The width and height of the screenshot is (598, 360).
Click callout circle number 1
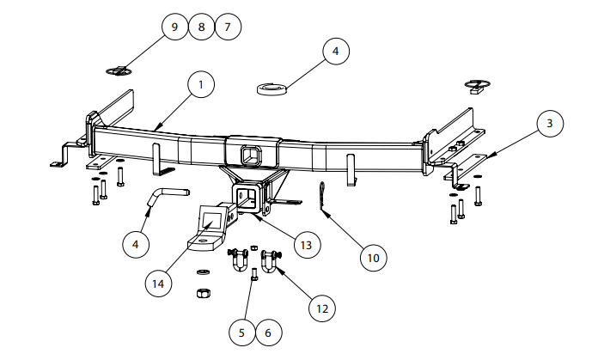(x=200, y=85)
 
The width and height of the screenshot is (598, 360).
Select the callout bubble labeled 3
(x=550, y=124)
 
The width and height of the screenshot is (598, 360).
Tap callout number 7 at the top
(x=228, y=27)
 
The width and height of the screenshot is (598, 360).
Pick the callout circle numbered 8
(x=201, y=27)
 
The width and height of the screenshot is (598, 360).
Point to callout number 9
(x=174, y=27)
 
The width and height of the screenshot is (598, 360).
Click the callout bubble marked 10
(x=372, y=256)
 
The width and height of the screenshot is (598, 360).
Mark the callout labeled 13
(x=303, y=245)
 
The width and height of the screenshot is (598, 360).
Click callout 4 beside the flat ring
(x=336, y=52)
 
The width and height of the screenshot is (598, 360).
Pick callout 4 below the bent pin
(x=136, y=244)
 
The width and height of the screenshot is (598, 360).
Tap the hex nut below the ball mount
(x=204, y=294)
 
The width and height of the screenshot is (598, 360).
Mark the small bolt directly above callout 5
(x=253, y=276)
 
